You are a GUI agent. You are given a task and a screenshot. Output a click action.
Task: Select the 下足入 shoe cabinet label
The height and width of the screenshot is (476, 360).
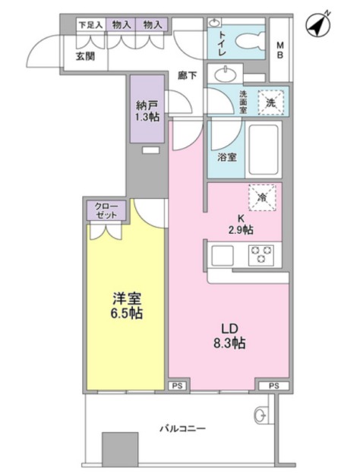click(x=90, y=25)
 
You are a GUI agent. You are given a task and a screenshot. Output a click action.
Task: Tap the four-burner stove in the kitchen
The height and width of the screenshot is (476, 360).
click(x=262, y=254)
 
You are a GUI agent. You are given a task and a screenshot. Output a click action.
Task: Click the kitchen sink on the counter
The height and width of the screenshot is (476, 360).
click(x=225, y=254)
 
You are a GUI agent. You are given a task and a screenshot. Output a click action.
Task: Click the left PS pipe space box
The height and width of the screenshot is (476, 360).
click(x=177, y=386)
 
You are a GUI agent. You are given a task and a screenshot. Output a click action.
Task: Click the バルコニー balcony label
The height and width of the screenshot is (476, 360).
click(x=182, y=429)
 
